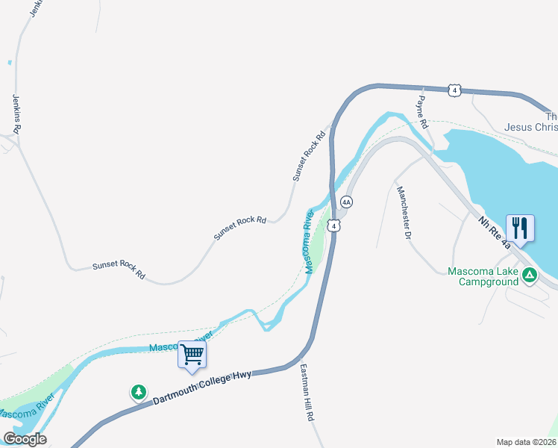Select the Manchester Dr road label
click(404, 213)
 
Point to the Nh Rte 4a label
click(495, 229)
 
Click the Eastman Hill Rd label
click(306, 393)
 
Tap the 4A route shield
click(346, 202)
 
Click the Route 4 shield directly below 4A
click(336, 225)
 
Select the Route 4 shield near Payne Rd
click(454, 90)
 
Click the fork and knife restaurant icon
click(519, 227)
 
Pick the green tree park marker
click(138, 391)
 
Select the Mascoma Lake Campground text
click(483, 276)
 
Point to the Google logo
click(25, 439)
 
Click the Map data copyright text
click(526, 442)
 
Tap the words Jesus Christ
click(530, 127)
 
